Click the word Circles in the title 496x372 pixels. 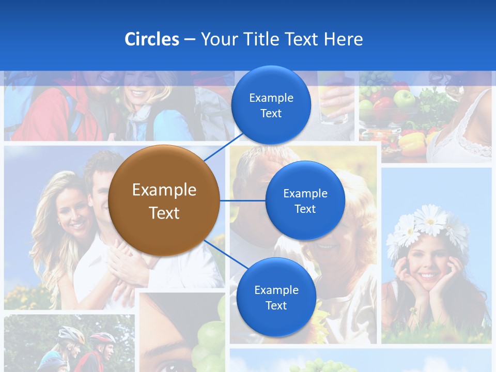tap(151, 39)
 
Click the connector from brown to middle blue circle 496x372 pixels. tap(242, 200)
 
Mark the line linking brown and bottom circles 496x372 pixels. tap(225, 255)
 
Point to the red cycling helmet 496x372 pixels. tap(103, 338)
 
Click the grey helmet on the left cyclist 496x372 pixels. tap(71, 335)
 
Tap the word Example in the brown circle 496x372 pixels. tap(164, 190)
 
